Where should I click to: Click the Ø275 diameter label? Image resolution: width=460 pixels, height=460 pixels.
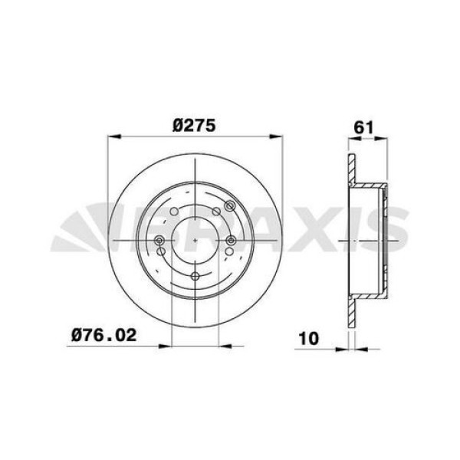pos(194,126)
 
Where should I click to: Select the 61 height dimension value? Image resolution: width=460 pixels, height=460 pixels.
pos(363,127)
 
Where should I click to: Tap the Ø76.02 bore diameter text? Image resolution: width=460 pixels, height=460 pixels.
pos(103,335)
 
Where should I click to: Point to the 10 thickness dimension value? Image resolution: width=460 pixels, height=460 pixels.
pos(308,338)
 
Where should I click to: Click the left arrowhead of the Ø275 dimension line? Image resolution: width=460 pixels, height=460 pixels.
pos(114,136)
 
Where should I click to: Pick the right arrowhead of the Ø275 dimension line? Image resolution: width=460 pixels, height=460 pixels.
pos(276,136)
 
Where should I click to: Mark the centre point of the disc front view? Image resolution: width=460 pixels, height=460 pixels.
pos(195,241)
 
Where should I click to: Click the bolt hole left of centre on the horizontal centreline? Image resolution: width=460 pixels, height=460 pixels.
pos(159,241)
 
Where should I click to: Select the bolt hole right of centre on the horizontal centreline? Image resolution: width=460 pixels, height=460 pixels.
pos(232,241)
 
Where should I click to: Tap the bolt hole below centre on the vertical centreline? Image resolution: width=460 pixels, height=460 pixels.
pos(195,276)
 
